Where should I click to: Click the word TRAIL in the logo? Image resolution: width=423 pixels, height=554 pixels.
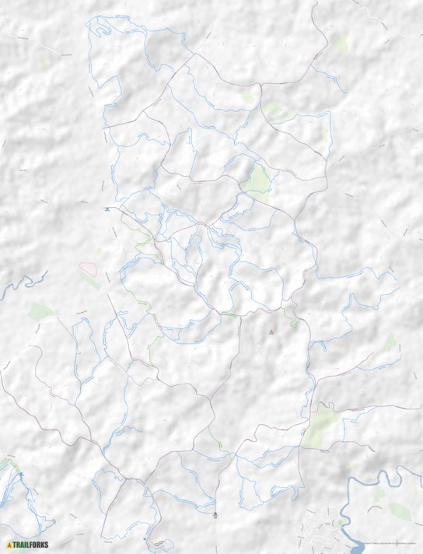coord(21,545)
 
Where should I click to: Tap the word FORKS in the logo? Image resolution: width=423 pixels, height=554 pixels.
coord(38,545)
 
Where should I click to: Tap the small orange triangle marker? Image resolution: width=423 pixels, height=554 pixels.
coord(271,332)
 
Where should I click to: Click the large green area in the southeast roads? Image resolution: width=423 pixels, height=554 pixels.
coord(320,424)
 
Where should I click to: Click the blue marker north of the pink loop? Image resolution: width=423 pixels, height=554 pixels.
coord(107,209)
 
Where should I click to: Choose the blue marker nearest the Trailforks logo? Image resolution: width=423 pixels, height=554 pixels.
coord(22,474)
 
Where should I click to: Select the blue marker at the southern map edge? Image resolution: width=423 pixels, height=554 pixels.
coord(145,538)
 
